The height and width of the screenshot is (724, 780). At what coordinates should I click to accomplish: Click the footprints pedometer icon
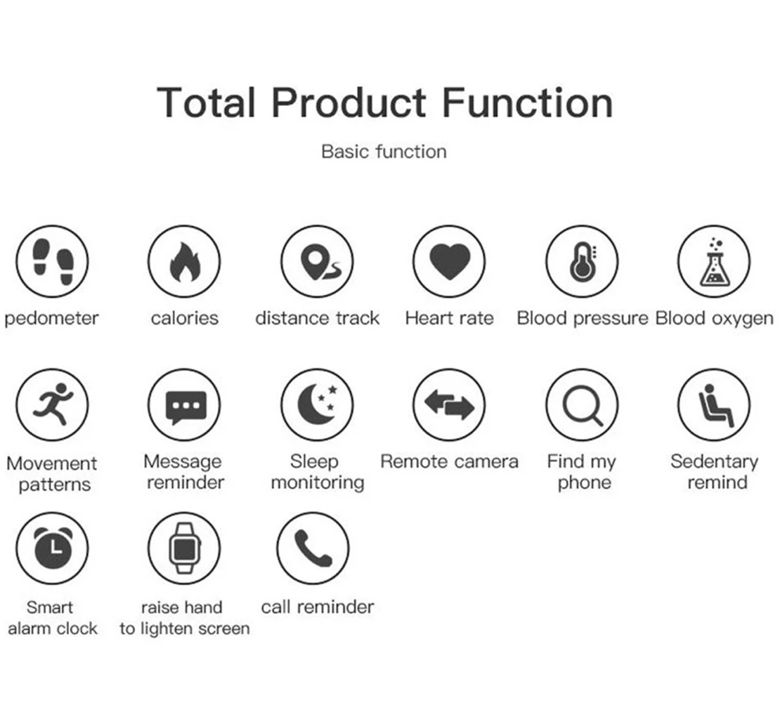[x=52, y=261]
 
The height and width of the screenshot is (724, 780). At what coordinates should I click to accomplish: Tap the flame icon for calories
[x=184, y=261]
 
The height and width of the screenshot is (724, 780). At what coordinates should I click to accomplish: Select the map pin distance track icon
[x=317, y=261]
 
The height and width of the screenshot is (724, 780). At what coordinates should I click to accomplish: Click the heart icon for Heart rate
[x=449, y=261]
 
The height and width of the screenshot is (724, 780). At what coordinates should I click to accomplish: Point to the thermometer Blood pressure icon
[x=582, y=261]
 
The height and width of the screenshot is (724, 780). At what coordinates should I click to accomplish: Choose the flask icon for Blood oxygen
[x=715, y=261]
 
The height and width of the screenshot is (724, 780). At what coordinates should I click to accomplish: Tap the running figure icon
[x=52, y=404]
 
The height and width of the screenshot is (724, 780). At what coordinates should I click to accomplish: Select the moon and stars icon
[x=317, y=404]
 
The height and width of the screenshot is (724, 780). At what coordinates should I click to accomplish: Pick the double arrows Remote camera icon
[x=449, y=404]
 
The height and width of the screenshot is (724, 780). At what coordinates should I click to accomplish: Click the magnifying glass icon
[x=582, y=404]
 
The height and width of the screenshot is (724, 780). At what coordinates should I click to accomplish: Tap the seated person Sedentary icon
[x=715, y=404]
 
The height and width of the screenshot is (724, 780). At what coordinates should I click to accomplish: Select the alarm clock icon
[x=52, y=548]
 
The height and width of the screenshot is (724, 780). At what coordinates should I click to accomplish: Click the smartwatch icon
[x=184, y=548]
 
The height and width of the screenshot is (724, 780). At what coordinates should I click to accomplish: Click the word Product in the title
[x=349, y=103]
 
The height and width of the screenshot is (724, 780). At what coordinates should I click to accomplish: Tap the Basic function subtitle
[x=384, y=152]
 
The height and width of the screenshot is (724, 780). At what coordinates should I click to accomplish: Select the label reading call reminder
[x=318, y=607]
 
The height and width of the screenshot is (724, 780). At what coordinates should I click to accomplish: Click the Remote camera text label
[x=449, y=461]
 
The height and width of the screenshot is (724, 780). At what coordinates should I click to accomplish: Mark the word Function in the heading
[x=527, y=103]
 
